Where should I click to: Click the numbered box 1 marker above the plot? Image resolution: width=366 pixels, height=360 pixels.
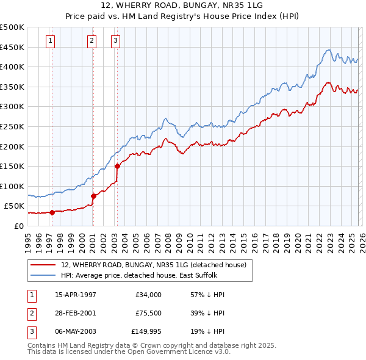coord(50,41)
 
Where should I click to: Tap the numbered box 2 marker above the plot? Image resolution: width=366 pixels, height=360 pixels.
coord(91,41)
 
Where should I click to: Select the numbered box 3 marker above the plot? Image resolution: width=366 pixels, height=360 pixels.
coord(115,41)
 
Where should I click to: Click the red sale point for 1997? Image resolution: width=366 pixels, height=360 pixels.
coord(52,212)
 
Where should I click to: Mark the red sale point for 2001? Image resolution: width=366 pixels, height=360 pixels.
coord(93,196)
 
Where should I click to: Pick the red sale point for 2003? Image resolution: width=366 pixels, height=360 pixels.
coord(117,166)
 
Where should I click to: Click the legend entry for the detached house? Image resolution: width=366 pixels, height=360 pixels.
coord(153,265)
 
